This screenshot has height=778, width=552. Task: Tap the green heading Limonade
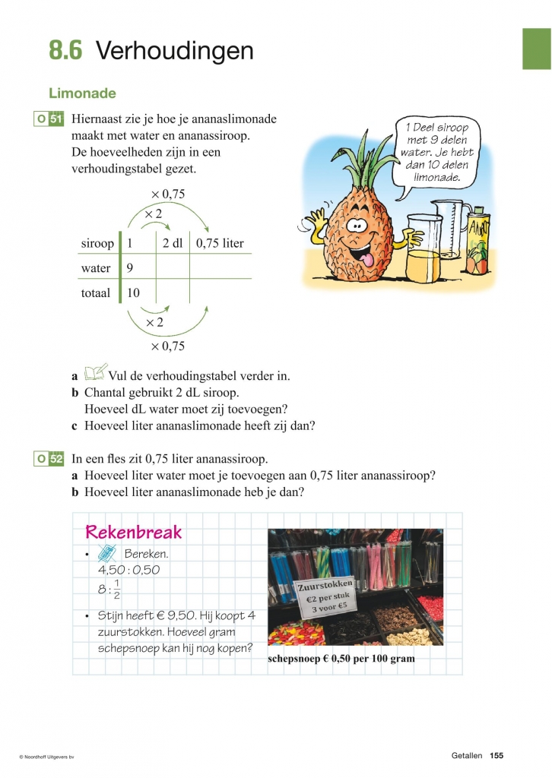[x=82, y=93]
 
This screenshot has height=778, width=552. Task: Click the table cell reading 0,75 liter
[x=220, y=244]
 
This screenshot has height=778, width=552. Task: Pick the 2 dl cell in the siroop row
[x=173, y=244]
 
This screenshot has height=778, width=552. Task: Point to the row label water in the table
[x=96, y=268]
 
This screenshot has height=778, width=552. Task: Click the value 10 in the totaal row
[x=133, y=293]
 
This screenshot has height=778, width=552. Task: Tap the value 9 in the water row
[x=130, y=268]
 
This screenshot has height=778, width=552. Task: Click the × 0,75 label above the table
[x=167, y=194]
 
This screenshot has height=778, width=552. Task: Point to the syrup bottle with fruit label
[x=478, y=243]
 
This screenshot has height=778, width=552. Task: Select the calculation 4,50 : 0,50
[x=129, y=570]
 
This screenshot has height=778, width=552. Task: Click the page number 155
[x=496, y=755]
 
